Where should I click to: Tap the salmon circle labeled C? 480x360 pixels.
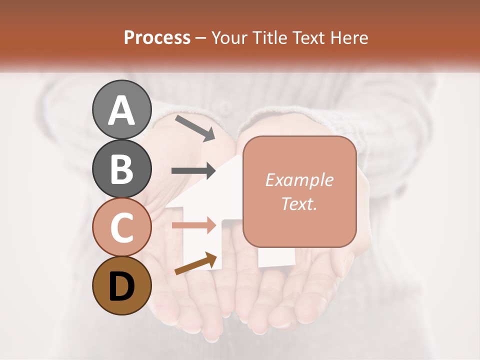point(122,227)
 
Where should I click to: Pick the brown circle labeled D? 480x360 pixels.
point(122,285)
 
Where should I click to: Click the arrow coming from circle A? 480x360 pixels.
point(195,127)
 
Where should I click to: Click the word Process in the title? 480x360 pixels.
point(157,38)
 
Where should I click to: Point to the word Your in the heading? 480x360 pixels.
point(230,38)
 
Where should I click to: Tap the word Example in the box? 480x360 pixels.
point(299,180)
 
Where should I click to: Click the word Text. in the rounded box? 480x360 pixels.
point(299,203)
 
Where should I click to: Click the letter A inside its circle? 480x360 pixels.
point(122,110)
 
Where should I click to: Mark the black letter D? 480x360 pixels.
point(122,286)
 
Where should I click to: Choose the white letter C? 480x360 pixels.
point(122,228)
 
